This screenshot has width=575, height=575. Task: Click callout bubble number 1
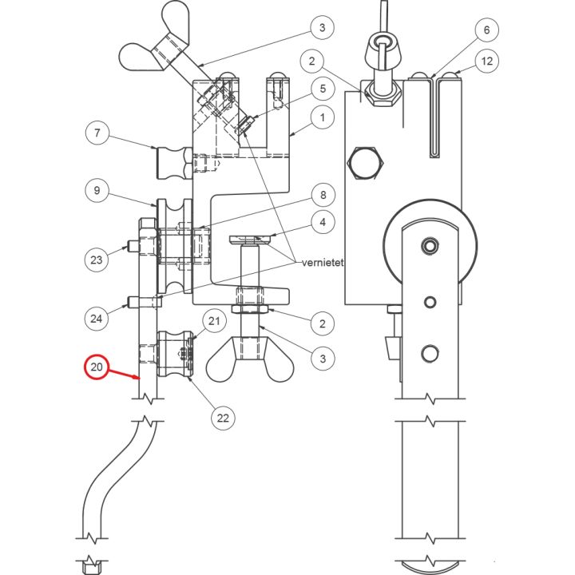point(323,119)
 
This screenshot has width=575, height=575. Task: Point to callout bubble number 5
point(323,89)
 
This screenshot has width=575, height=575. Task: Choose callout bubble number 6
point(486,30)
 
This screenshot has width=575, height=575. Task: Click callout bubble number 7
point(97,133)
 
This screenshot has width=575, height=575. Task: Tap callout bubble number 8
point(323,194)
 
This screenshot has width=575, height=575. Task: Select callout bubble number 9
point(97,192)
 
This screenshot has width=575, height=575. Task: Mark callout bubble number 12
point(486,60)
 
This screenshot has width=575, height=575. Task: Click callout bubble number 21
point(213,321)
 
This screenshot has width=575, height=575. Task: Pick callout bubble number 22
point(224,416)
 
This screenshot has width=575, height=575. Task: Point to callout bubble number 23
point(97,260)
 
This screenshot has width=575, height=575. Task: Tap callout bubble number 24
point(97,318)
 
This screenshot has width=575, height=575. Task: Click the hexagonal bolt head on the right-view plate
point(367,164)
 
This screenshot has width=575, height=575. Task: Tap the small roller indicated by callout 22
point(175,355)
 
